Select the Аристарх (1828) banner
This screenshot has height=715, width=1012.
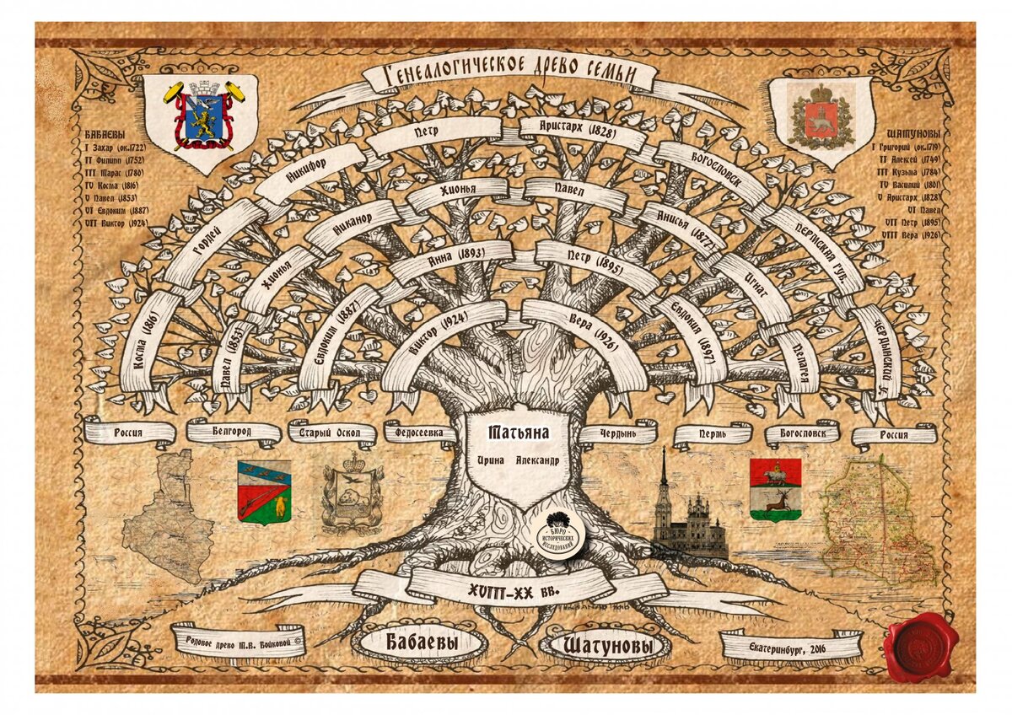pyautogui.click(x=567, y=131)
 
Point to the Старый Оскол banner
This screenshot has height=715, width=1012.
pyautogui.click(x=331, y=433)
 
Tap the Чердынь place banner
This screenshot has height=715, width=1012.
pyautogui.click(x=617, y=433)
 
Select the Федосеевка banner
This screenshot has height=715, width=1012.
pyautogui.click(x=425, y=433)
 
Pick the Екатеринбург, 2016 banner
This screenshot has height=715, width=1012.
pyautogui.click(x=790, y=647)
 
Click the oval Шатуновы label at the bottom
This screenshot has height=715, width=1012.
pyautogui.click(x=604, y=647)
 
